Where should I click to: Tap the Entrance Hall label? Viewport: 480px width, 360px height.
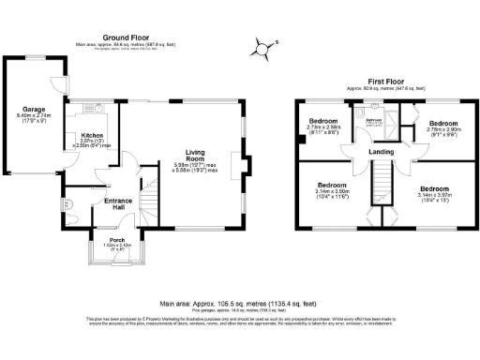(x=118, y=201)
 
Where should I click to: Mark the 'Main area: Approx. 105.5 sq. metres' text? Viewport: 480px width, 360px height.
(x=239, y=304)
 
